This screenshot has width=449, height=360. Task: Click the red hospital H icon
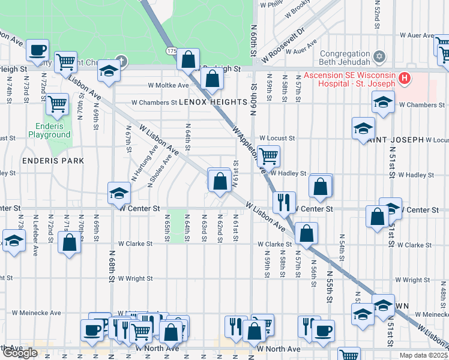405,79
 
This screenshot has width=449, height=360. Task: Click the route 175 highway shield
172,52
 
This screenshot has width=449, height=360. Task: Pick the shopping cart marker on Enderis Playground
58,104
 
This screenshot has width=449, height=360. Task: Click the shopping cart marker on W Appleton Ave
269,156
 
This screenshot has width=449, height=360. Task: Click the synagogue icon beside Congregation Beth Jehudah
379,57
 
